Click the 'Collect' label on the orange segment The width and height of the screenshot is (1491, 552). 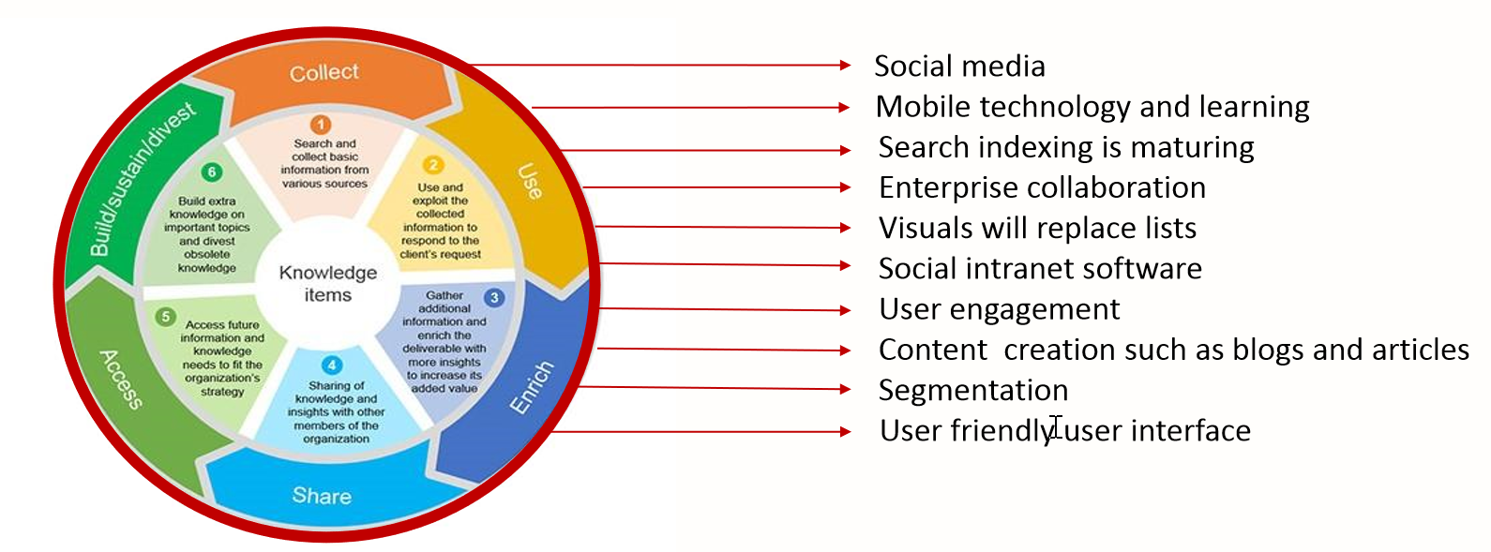pos(324,72)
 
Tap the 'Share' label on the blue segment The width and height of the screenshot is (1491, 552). pos(322,495)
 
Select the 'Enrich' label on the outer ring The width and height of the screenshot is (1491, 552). pos(532,387)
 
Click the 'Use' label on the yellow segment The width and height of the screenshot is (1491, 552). pos(530,181)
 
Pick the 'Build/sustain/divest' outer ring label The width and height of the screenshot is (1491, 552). pos(143,178)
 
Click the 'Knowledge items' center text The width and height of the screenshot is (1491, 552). pos(327,283)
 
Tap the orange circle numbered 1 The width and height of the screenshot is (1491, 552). pos(321,125)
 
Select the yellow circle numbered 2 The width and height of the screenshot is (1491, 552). pos(433,166)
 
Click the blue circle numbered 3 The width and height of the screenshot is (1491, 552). pos(494,298)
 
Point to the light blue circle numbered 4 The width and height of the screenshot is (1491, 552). pos(332,366)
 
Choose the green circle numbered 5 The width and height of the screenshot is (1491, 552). pos(165,317)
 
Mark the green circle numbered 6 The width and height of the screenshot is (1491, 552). pos(212,172)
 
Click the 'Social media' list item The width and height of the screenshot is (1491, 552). pos(959,67)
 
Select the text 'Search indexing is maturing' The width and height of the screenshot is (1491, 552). pos(1066,147)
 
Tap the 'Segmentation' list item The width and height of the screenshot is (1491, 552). pos(973,390)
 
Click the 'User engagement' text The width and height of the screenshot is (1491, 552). pos(999,309)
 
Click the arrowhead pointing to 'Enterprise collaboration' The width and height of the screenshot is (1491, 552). pos(845,187)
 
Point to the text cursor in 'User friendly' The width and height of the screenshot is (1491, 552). pos(1056,428)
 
